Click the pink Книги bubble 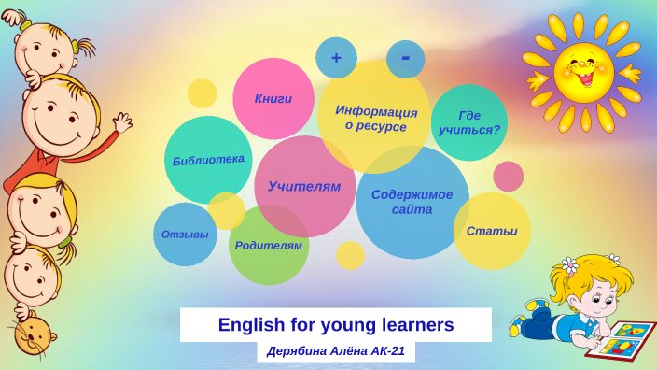[273, 98]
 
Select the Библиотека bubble [208, 159]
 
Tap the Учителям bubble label [304, 186]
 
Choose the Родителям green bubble [269, 245]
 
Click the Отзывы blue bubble [185, 234]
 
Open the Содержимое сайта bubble [412, 202]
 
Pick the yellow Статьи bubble [492, 230]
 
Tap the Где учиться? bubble [468, 121]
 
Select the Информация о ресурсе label [376, 118]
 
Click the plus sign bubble [336, 58]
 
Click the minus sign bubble [405, 58]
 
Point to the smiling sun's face [582, 72]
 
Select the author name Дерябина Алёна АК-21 [335, 351]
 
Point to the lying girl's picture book [622, 339]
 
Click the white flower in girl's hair [569, 265]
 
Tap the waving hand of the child [122, 123]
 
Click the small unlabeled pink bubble [508, 176]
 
